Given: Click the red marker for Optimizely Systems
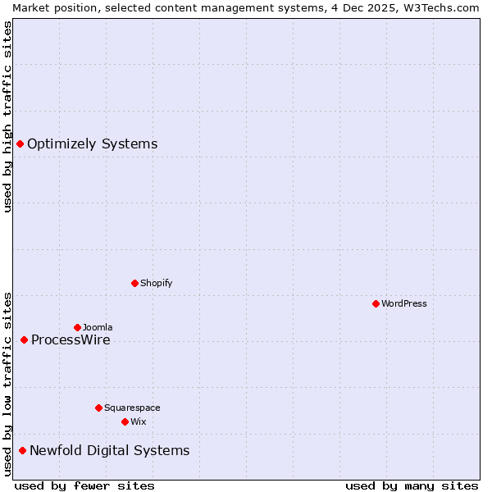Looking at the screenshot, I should (20, 144).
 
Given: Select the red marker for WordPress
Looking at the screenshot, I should (376, 303).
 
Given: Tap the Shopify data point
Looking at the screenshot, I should (135, 283).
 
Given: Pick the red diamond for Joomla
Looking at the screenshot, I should (78, 327).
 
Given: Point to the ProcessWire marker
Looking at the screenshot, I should (25, 339).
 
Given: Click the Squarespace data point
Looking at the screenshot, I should (99, 408).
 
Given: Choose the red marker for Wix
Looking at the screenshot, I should (125, 421).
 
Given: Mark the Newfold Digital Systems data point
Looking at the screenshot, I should (23, 450).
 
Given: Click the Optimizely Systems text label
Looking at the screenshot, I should (92, 144).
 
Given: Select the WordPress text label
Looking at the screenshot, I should (404, 303).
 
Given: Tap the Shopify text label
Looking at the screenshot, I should (156, 283).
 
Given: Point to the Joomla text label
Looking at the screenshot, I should (98, 327).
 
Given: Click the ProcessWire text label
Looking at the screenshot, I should (71, 339).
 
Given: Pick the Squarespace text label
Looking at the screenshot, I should (132, 408).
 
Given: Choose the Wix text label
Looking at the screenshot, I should (138, 421).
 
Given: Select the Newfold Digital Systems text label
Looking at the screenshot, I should (109, 450).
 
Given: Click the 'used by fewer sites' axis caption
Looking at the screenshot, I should (84, 485).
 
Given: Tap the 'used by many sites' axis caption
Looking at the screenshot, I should (412, 485).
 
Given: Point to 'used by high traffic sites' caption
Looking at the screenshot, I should (7, 116).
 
